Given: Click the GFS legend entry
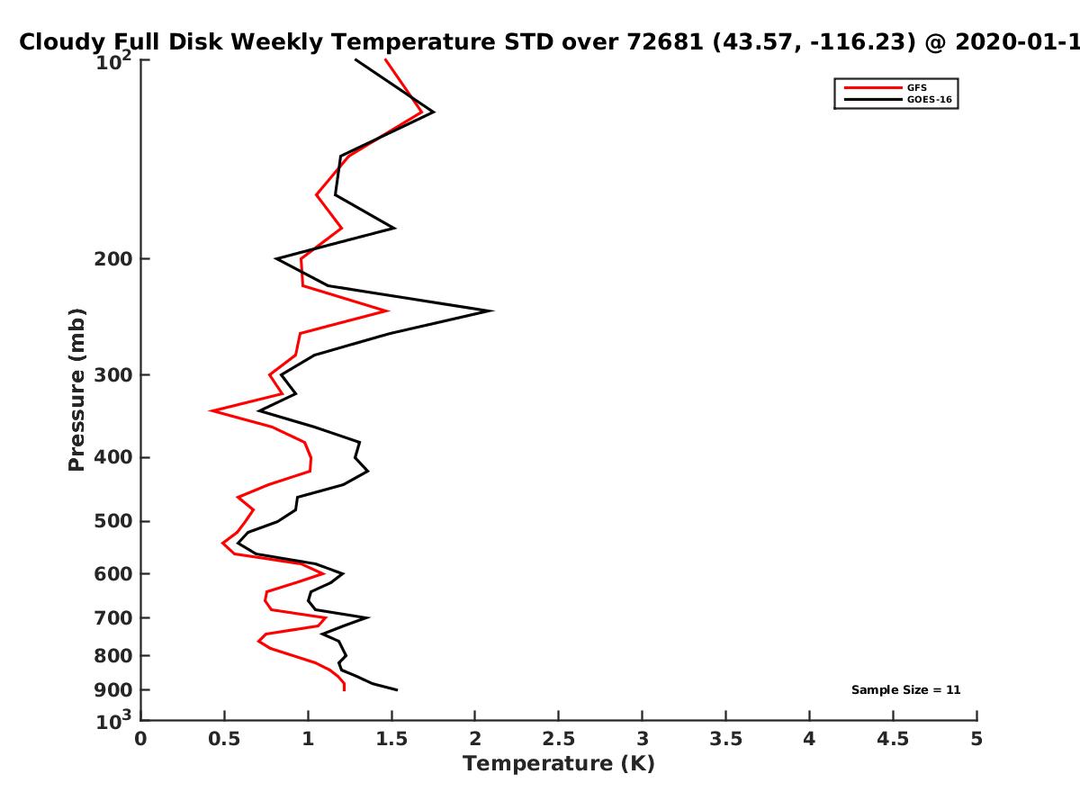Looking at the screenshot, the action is [x=886, y=87].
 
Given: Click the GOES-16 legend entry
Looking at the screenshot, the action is [x=898, y=99].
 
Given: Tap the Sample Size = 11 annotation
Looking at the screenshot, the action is [x=905, y=690].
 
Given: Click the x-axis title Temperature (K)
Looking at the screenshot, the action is [x=559, y=764].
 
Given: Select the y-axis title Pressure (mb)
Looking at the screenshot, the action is [x=76, y=390].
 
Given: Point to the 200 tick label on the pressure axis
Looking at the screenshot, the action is [x=113, y=258].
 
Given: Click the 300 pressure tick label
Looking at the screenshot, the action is [x=113, y=374].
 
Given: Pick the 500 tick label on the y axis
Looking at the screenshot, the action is [x=113, y=521].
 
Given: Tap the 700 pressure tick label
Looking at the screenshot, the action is [x=113, y=617].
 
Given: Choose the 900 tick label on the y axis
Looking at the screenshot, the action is [x=113, y=690].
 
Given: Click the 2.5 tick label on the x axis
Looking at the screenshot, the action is [x=559, y=739].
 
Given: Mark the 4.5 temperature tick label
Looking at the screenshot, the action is [x=893, y=739].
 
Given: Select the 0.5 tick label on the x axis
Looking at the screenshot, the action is [x=224, y=739].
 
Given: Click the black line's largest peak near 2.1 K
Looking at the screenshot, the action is [x=492, y=310].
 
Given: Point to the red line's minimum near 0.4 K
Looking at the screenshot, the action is [x=211, y=410].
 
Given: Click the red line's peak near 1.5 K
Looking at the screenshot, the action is [x=388, y=310].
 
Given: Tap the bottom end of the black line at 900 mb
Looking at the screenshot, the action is [x=397, y=690].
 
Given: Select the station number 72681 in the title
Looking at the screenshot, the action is [x=665, y=41].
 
